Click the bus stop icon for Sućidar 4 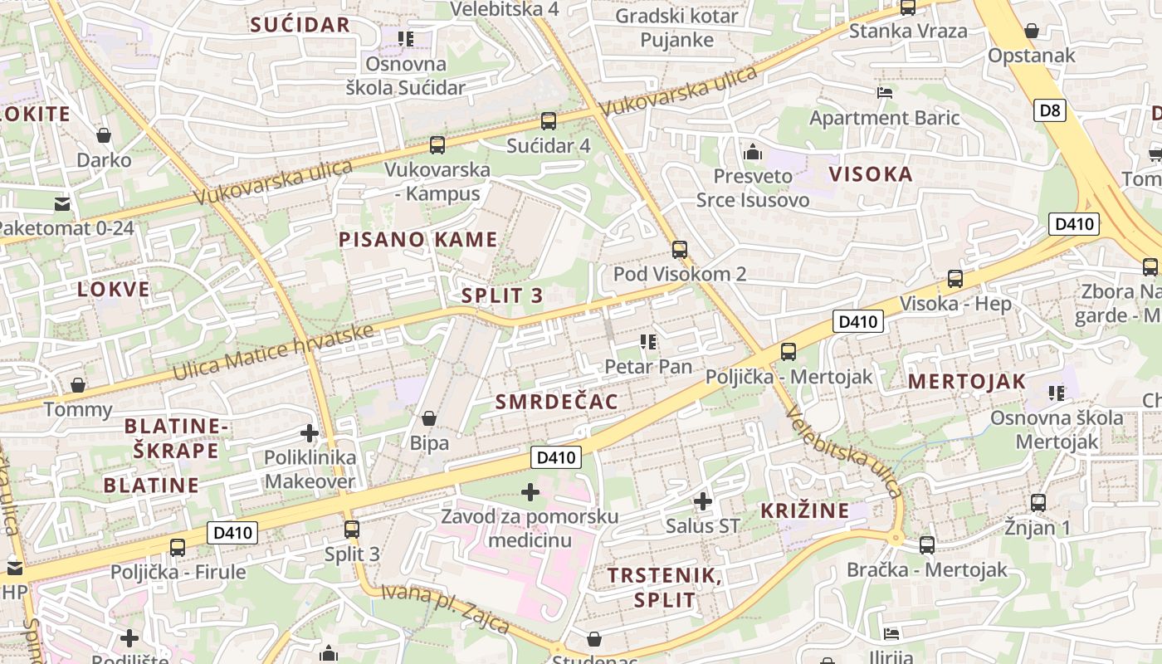tap(548, 121)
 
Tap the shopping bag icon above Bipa tap(429, 418)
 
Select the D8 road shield tap(1049, 110)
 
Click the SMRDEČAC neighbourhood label tap(556, 403)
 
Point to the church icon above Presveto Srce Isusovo tap(753, 152)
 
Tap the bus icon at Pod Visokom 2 tap(680, 249)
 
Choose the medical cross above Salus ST tap(702, 500)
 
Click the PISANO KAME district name tap(417, 240)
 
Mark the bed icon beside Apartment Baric tap(884, 93)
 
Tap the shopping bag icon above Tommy tap(77, 385)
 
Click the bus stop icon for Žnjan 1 tap(1037, 502)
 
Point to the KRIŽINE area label tap(805, 510)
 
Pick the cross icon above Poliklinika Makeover tap(309, 433)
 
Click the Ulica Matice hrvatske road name tap(273, 353)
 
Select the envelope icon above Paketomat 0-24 tap(62, 203)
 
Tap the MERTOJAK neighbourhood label tap(966, 382)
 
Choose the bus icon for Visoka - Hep tap(955, 279)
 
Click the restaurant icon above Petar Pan tap(648, 341)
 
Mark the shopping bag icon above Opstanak tap(1031, 32)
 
